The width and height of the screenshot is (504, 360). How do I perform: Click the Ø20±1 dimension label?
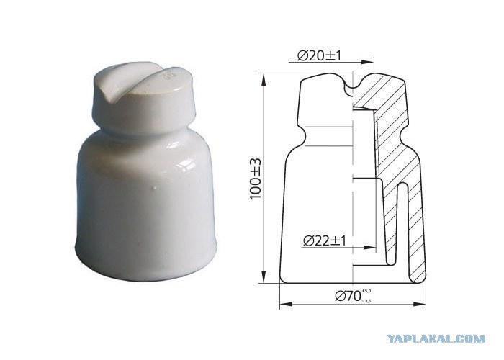[319, 56]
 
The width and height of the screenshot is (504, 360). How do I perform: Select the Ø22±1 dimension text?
[325, 240]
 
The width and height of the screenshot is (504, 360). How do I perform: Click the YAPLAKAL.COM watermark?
[436, 338]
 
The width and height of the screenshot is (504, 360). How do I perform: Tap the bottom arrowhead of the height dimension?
[264, 276]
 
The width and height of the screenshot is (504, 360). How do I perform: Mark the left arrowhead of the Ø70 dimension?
[286, 304]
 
